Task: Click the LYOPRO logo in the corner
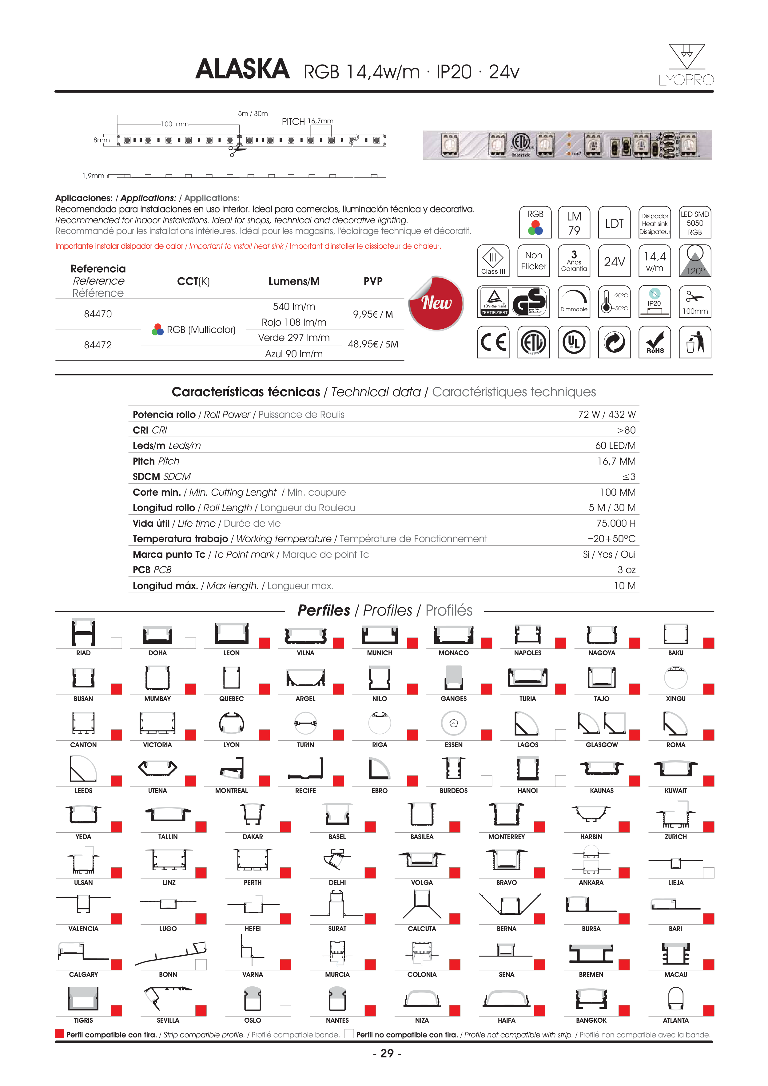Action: pos(686,65)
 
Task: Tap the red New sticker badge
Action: pos(436,303)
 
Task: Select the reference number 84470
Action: pos(98,314)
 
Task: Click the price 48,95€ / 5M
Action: pos(373,344)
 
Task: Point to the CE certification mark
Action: pos(493,342)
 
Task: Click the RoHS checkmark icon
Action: pos(655,342)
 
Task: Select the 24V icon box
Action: pos(614,261)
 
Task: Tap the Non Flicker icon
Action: pos(533,261)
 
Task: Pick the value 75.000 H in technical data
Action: pos(616,523)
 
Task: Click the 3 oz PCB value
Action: pos(626,570)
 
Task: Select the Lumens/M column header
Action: pos(294,281)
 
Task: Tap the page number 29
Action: pos(387,1053)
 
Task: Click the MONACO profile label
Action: pos(453,653)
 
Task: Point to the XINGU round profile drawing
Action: pos(675,677)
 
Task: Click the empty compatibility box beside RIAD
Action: pos(116,643)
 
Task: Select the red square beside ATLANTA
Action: pos(708,1010)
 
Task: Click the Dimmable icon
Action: pos(574,301)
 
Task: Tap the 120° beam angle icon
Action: pos(695,261)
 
